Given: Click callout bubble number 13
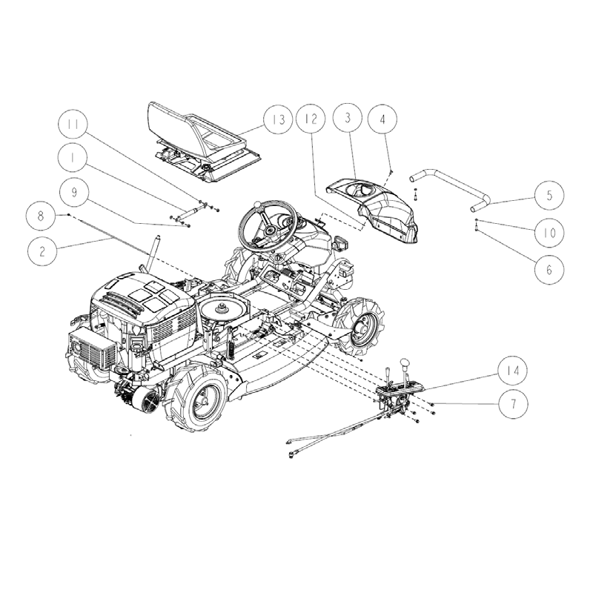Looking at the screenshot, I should coord(277,119).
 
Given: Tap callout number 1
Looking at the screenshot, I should coord(75,157).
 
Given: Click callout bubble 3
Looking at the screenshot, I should coord(347,119).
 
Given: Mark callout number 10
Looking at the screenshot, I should coord(549,233).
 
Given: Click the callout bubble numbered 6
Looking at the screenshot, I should coord(549,268).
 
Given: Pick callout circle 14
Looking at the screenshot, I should coord(511,368).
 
